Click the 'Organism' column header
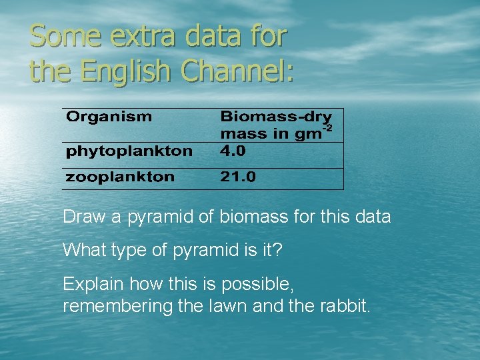109,117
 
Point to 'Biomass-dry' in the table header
276,117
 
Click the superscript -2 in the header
327,127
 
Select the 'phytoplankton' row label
129,151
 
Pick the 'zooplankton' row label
120,177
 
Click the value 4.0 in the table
233,151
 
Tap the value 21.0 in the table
238,177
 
